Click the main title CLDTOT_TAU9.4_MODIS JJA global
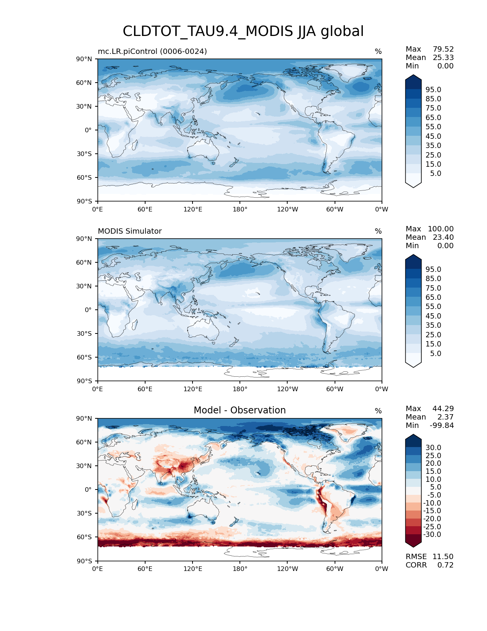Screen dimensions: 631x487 (243, 31)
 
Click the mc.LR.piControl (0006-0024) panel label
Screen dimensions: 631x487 (152, 51)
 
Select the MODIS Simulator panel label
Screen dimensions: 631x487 (129, 231)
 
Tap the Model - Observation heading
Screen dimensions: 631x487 (239, 410)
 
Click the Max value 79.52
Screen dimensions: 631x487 (443, 49)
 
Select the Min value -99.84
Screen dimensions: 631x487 (442, 425)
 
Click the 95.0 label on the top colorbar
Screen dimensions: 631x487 (433, 89)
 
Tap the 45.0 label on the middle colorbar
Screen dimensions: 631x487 (433, 316)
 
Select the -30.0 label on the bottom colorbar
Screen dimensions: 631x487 (432, 534)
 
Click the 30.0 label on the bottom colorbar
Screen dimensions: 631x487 (433, 447)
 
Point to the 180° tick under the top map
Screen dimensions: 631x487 (240, 209)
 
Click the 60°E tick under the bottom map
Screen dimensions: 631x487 (145, 569)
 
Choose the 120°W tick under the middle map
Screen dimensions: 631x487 (287, 389)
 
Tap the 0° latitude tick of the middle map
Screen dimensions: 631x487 (88, 310)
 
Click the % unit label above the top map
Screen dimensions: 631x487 (378, 51)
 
